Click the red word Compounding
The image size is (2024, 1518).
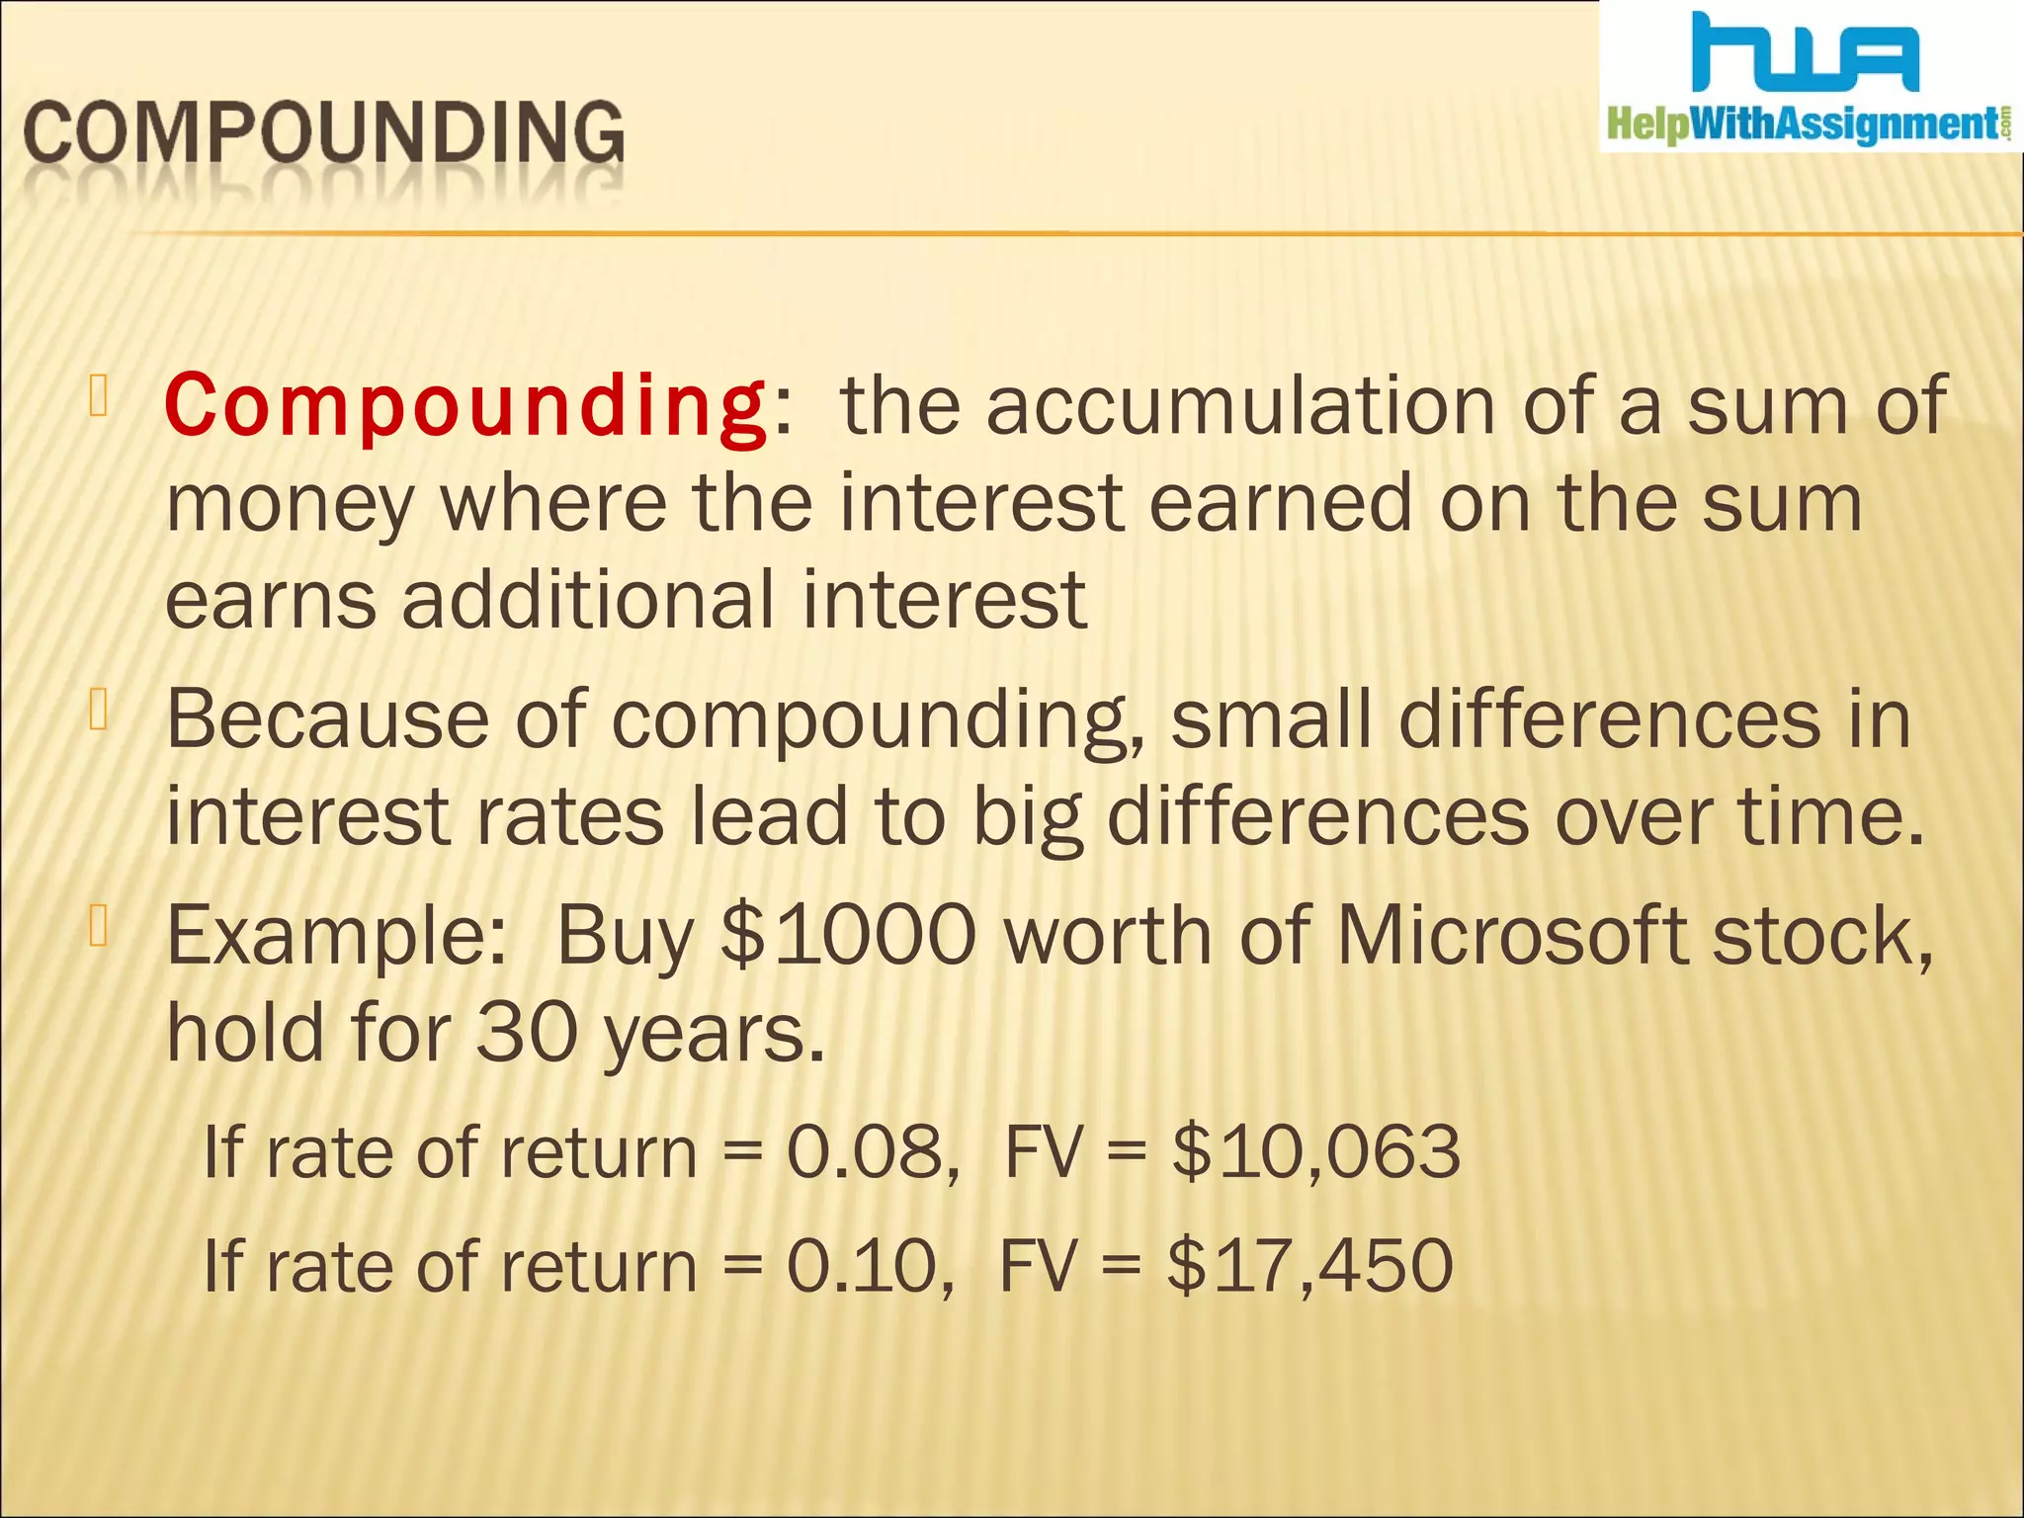click(464, 405)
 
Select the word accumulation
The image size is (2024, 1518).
click(1240, 405)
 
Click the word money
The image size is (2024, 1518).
click(289, 504)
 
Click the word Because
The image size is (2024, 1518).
click(326, 719)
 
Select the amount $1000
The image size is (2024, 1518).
click(848, 935)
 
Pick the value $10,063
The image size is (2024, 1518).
click(1315, 1152)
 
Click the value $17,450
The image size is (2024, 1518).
click(1309, 1266)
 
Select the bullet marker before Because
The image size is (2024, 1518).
click(98, 710)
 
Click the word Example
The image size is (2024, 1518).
click(334, 937)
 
